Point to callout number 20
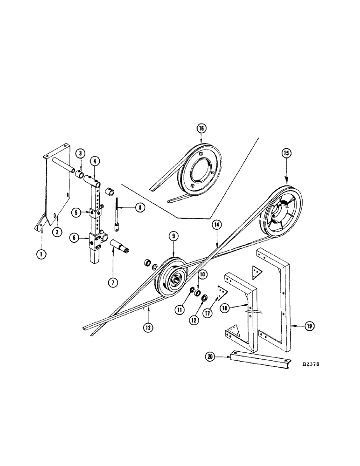(x=211, y=357)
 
